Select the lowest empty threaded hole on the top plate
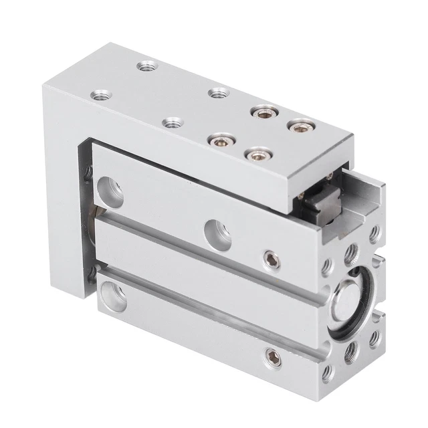click(x=172, y=123)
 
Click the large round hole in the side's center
click(x=216, y=227)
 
